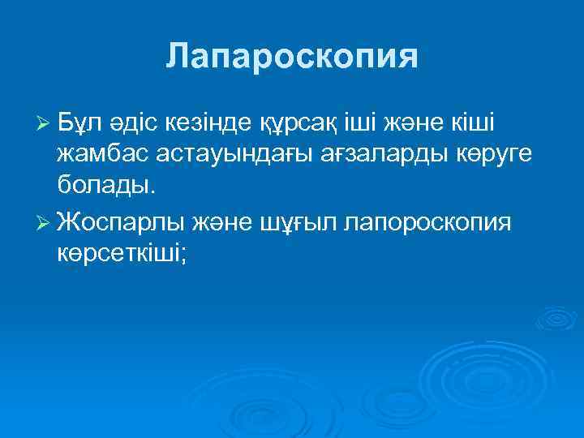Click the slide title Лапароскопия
point(292,57)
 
